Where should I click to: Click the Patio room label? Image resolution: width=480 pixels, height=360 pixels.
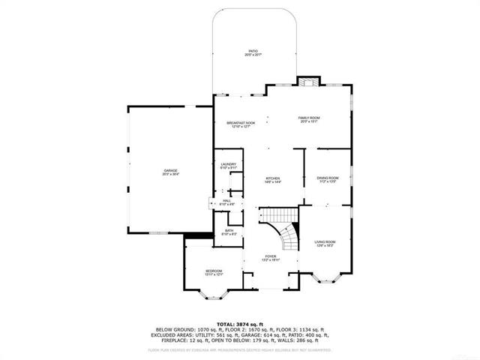coord(253,52)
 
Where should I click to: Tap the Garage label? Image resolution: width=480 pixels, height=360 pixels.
coord(171,172)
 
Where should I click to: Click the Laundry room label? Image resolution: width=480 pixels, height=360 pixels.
coord(229,166)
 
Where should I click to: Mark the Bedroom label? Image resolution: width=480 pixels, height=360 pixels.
coord(214,272)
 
